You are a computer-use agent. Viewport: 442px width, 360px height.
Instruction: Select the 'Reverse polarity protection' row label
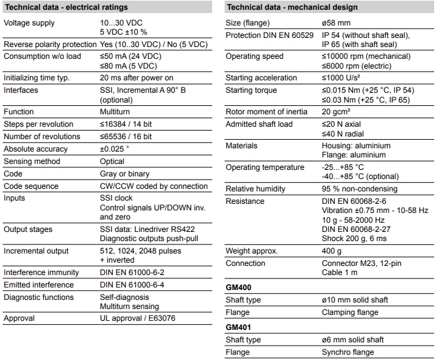[50, 44]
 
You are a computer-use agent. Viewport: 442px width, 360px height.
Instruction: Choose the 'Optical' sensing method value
[112, 161]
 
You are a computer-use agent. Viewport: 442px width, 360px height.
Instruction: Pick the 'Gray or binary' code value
[125, 174]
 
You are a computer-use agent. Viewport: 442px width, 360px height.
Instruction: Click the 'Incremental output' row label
[36, 251]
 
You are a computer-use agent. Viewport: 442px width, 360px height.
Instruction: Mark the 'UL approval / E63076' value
[137, 319]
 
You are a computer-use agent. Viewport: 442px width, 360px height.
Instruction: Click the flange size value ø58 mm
[338, 23]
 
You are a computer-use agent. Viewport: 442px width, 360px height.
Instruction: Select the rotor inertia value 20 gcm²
[339, 112]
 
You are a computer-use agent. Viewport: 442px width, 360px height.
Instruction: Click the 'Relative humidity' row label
[255, 189]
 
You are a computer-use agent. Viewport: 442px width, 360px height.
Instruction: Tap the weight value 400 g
[332, 251]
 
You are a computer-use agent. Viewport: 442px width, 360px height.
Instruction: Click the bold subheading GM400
[238, 287]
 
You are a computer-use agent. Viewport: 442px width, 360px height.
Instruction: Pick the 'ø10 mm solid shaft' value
[355, 300]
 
